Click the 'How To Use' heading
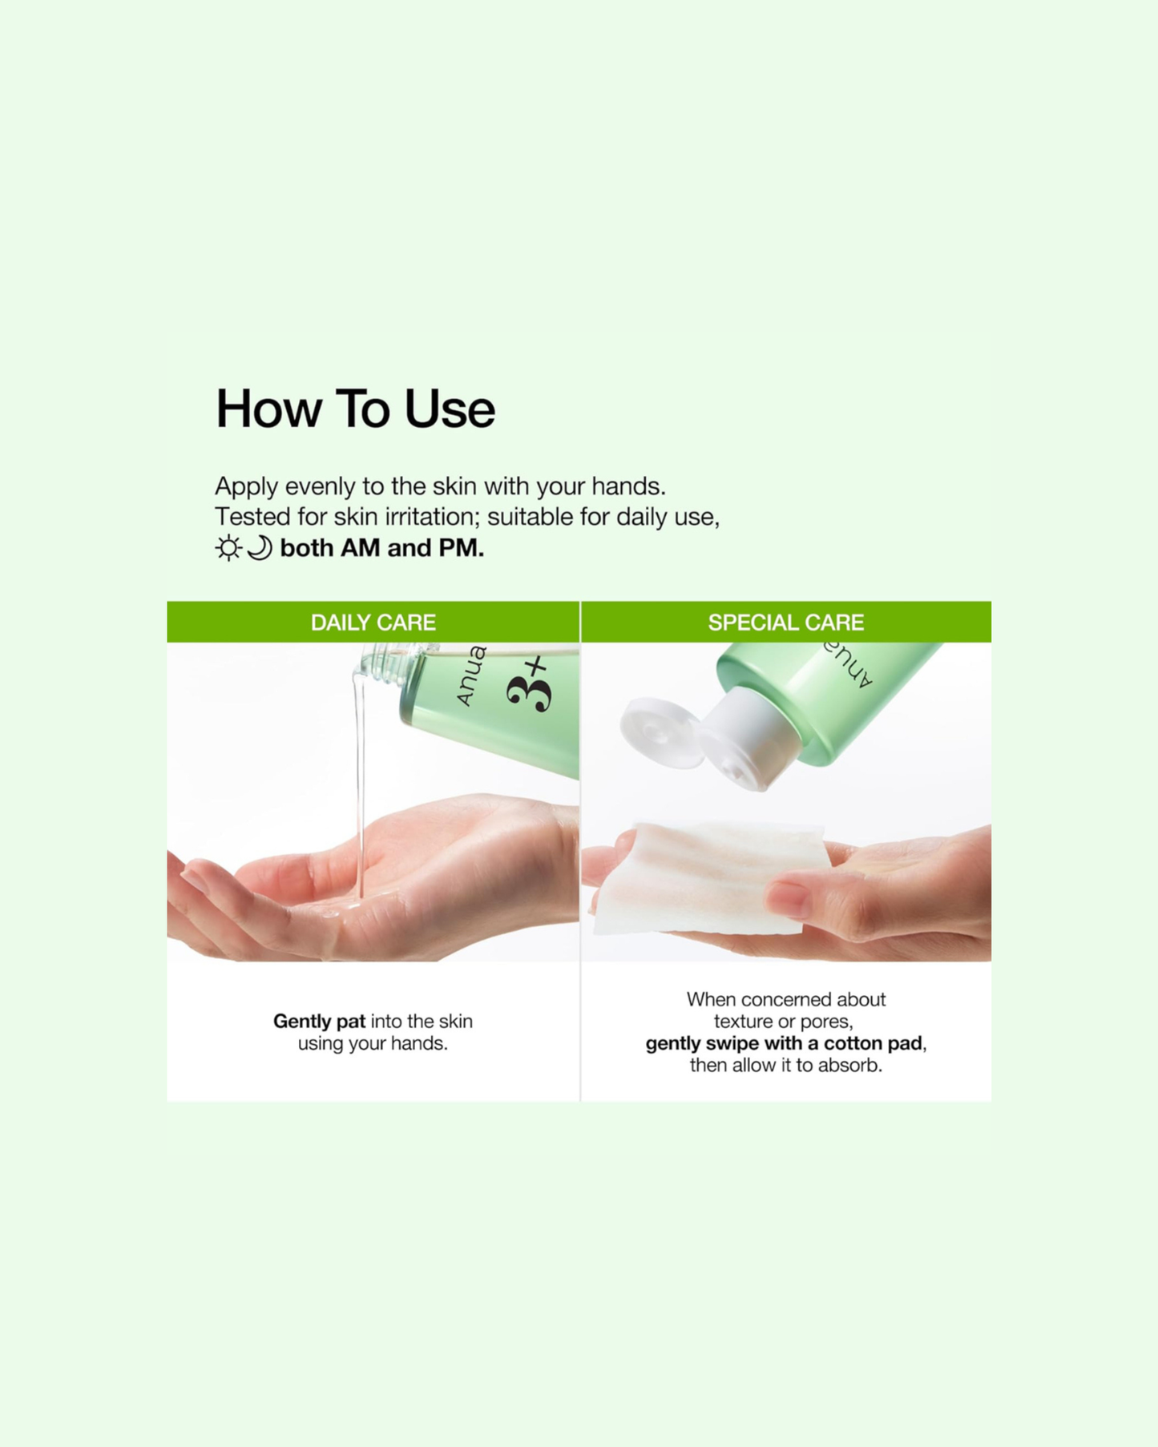pos(355,409)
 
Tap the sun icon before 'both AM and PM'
pos(228,548)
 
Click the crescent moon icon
pos(260,548)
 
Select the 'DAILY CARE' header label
pos(373,623)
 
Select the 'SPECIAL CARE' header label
pos(785,623)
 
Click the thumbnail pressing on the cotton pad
pos(788,898)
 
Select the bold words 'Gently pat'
pos(319,1022)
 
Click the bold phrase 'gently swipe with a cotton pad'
pos(784,1043)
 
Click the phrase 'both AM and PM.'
pos(381,548)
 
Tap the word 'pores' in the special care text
pos(828,1022)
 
